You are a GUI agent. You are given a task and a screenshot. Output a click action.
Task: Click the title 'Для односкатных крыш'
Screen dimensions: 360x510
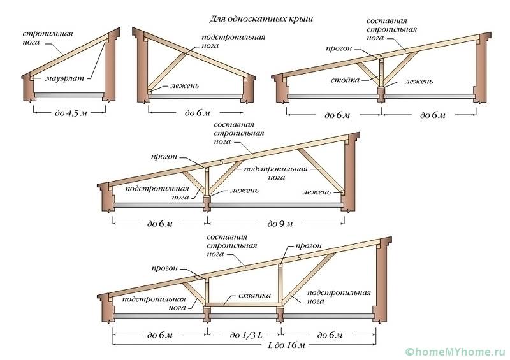[261, 19]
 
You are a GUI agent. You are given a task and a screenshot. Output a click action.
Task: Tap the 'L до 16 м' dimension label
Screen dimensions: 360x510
[244, 345]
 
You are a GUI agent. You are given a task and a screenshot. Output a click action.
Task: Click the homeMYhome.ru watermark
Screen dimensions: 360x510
[455, 350]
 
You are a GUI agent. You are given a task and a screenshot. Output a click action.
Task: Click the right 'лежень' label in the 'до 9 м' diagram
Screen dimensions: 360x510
[317, 191]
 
